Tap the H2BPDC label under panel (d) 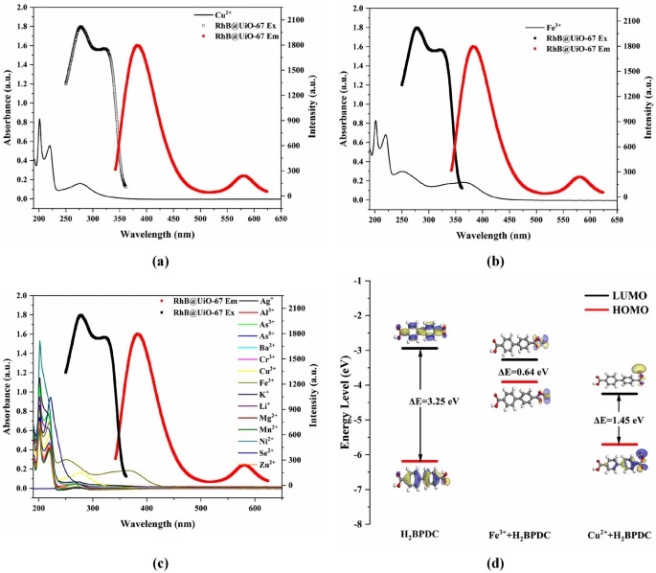pyautogui.click(x=421, y=532)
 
